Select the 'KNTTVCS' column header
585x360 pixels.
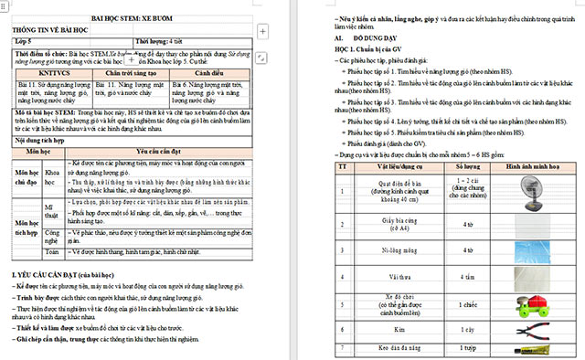pos(54,71)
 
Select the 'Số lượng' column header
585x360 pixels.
pos(467,168)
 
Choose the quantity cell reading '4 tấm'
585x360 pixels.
pos(467,275)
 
